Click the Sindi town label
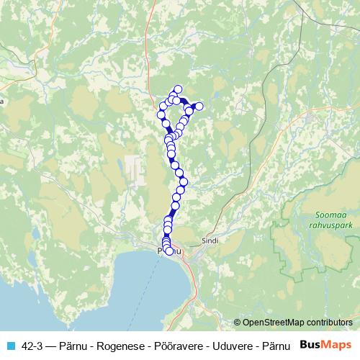(x=209, y=242)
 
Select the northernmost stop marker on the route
(x=178, y=89)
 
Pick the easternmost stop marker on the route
(x=199, y=107)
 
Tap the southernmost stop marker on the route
(x=170, y=251)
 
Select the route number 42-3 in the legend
(x=34, y=345)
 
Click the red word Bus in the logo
(x=311, y=344)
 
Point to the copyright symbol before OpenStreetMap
(x=238, y=323)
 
